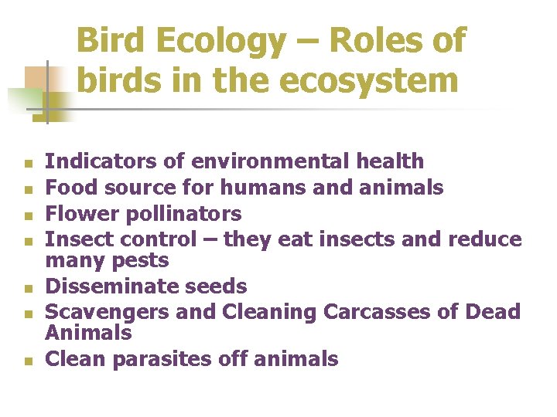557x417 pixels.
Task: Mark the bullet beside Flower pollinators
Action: (x=27, y=215)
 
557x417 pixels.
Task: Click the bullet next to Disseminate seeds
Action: (x=27, y=289)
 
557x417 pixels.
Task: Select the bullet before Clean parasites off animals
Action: (x=27, y=361)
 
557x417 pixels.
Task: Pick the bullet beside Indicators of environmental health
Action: (x=27, y=164)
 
